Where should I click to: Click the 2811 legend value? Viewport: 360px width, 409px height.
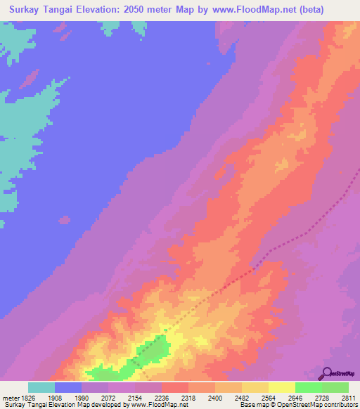tap(349, 398)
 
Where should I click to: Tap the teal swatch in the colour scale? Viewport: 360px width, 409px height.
tap(41, 387)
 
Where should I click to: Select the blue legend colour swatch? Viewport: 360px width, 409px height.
tap(68, 387)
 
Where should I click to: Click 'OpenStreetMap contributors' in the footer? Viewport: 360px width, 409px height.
tap(322, 405)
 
